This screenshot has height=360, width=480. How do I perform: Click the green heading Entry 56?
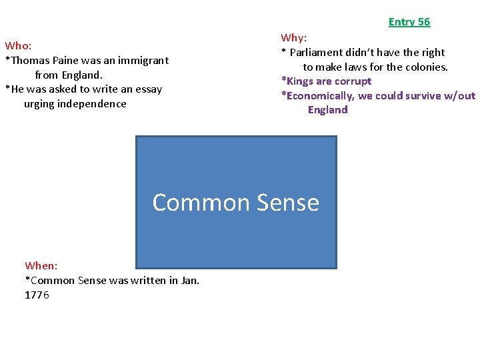point(409,22)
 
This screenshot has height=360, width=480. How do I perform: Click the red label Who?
point(18,46)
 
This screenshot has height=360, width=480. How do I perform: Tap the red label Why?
point(294,38)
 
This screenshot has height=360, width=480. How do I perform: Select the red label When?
point(41,266)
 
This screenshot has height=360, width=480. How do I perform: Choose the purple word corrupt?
point(352,81)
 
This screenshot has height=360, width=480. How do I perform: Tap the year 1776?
point(37,295)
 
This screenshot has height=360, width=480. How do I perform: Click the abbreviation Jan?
point(189,281)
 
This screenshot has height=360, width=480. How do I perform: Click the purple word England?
point(327,110)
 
